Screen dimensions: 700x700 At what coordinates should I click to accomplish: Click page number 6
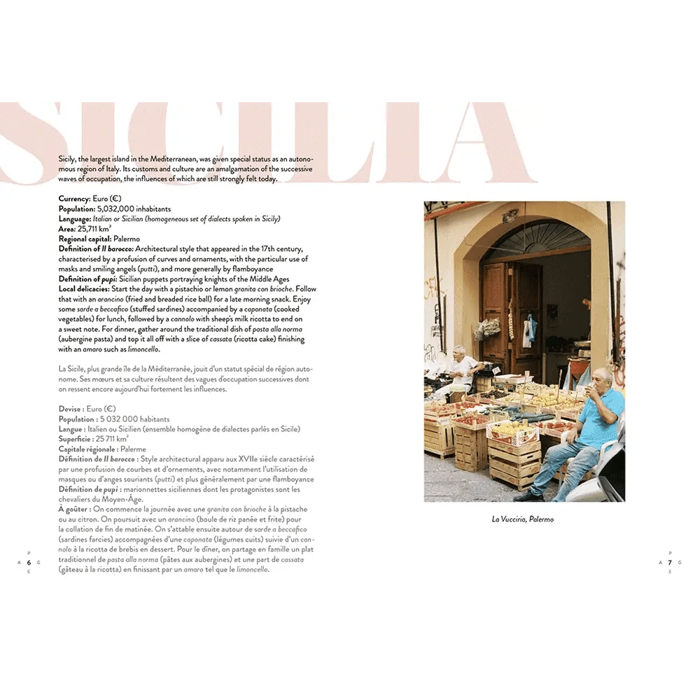click(29, 562)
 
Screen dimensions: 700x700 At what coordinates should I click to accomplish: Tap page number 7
click(670, 562)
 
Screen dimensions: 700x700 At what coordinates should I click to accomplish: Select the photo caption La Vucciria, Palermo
click(523, 519)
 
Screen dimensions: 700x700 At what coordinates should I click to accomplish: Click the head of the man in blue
click(600, 379)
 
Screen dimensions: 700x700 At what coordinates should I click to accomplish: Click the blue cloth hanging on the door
click(528, 329)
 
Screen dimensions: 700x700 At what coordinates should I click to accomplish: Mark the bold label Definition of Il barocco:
click(96, 249)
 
